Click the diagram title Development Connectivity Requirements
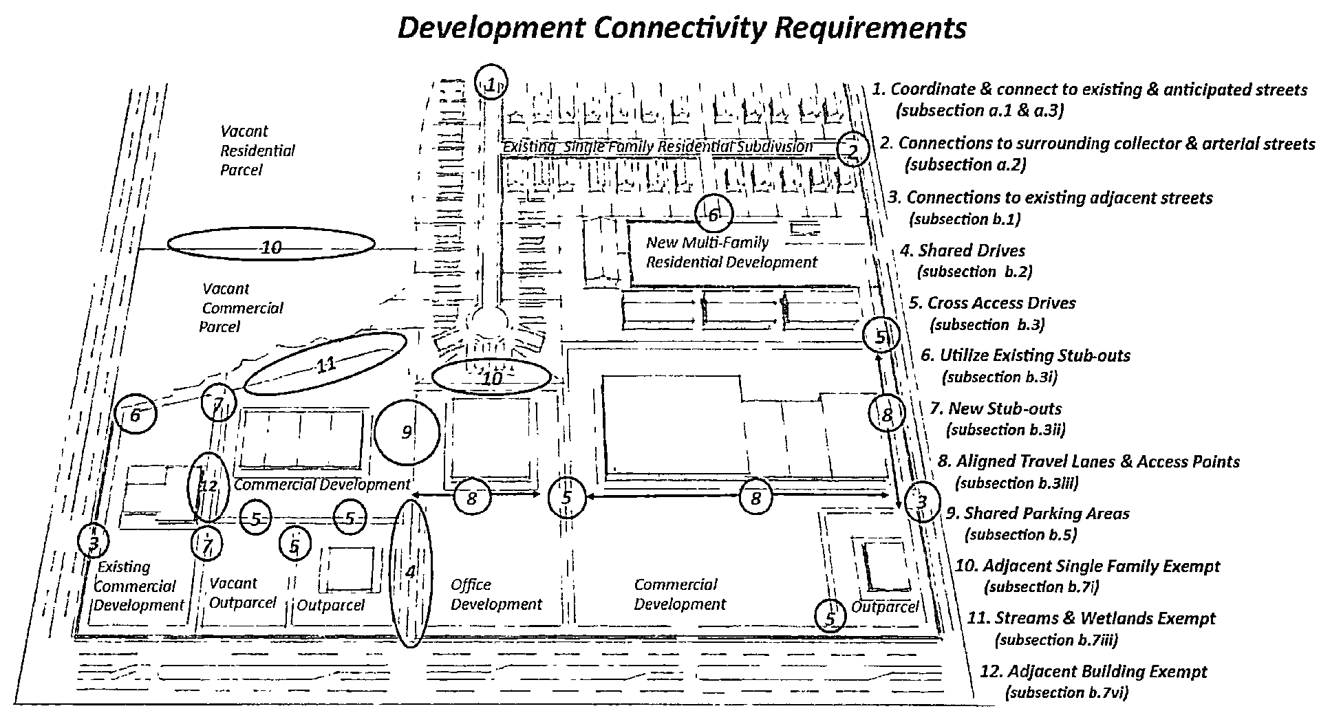click(x=682, y=28)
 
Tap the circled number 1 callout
click(x=492, y=84)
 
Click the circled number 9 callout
click(x=407, y=432)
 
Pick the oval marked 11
click(x=325, y=364)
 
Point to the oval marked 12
click(x=208, y=486)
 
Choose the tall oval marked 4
click(x=411, y=572)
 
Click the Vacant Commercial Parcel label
click(x=242, y=308)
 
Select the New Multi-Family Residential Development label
click(x=731, y=252)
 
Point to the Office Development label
click(x=496, y=595)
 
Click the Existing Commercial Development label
click(x=138, y=586)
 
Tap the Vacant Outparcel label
click(x=242, y=593)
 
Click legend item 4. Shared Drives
click(x=962, y=251)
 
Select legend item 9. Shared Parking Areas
click(x=1038, y=514)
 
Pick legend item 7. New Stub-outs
click(x=996, y=408)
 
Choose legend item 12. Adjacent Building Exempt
click(x=1094, y=671)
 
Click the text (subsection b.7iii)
click(x=1056, y=639)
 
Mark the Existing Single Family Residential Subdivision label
click(x=658, y=146)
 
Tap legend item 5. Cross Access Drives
click(x=991, y=303)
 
